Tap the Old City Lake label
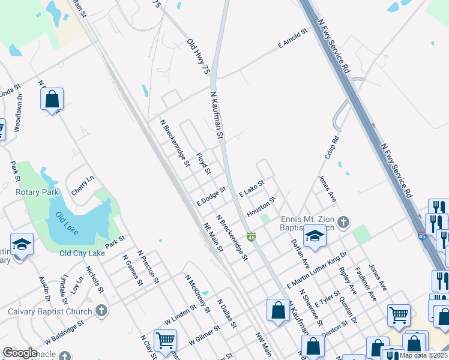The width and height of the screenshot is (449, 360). tap(82, 253)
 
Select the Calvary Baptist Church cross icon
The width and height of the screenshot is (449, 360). tap(101, 311)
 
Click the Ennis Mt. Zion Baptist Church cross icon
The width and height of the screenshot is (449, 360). tap(343, 223)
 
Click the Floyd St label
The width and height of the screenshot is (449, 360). tap(203, 163)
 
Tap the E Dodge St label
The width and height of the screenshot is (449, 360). tap(211, 196)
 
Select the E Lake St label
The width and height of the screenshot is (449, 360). tap(252, 190)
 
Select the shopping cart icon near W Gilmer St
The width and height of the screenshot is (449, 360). tap(166, 340)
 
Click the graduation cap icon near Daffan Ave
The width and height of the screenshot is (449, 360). tap(314, 236)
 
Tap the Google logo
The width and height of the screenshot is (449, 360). tap(20, 353)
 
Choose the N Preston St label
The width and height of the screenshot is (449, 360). tap(148, 267)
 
